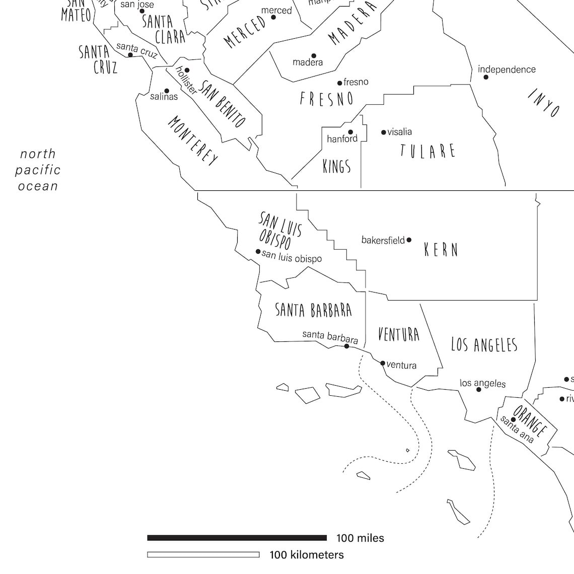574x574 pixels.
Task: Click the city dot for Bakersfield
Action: [409, 240]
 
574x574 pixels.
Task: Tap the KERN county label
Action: [441, 250]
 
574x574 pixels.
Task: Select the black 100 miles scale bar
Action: [237, 538]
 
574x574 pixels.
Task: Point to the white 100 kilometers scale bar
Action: [203, 555]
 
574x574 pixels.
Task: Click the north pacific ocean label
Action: [38, 170]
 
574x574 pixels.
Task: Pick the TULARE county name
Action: [428, 151]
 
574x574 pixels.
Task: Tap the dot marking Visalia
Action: [384, 132]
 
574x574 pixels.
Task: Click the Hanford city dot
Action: [351, 132]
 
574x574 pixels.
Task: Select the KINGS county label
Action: [336, 166]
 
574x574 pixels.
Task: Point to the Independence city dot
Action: [486, 77]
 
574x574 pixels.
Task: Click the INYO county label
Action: [544, 102]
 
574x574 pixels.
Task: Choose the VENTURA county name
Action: [398, 334]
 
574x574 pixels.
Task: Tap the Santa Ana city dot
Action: [513, 419]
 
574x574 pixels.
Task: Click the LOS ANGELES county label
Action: [484, 344]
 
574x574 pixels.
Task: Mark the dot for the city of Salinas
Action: [167, 91]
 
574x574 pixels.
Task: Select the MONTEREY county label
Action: [193, 140]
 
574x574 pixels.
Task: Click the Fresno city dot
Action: [340, 83]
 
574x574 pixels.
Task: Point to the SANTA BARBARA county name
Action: [313, 310]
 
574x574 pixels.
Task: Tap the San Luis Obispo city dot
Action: [258, 251]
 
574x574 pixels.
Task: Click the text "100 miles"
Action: [360, 538]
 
